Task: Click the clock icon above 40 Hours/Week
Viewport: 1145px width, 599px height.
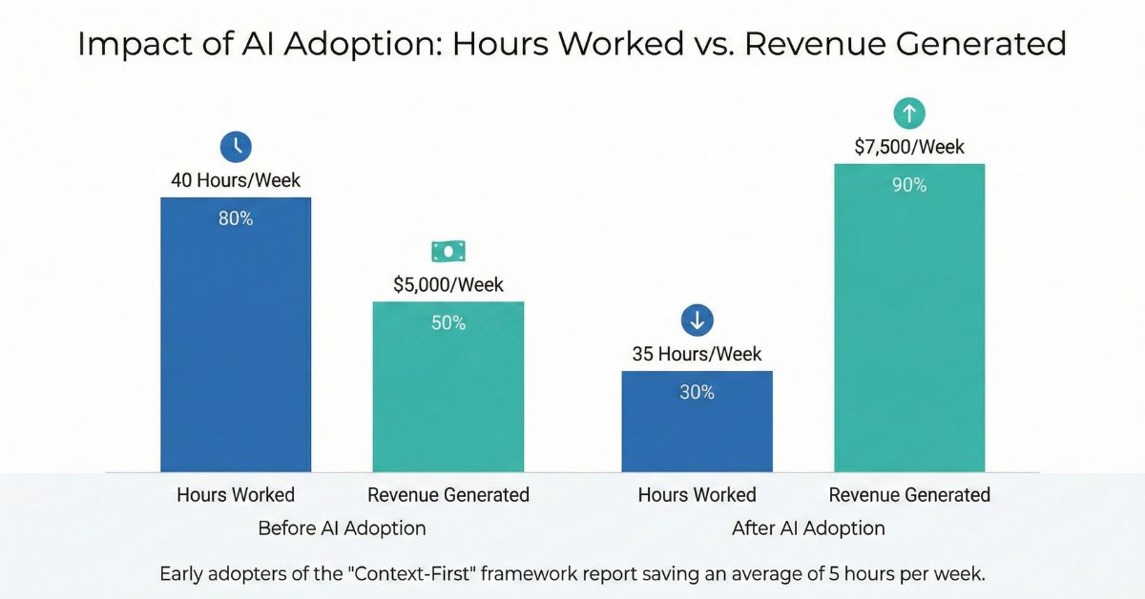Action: (x=236, y=146)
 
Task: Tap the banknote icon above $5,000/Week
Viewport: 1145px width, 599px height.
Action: (x=448, y=251)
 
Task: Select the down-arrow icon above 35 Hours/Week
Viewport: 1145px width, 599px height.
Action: (x=697, y=320)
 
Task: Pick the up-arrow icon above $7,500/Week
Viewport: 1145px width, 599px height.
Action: (x=909, y=114)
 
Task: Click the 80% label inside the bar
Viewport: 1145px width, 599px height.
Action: (x=236, y=218)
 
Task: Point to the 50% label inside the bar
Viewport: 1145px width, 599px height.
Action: (x=448, y=323)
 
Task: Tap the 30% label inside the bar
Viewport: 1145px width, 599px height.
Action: (x=697, y=392)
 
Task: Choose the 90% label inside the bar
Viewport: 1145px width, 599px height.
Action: (x=909, y=185)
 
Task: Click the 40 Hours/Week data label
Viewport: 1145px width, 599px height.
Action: (x=236, y=179)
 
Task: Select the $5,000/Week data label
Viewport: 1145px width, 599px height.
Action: (x=448, y=284)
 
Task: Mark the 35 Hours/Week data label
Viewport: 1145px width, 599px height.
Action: (x=697, y=354)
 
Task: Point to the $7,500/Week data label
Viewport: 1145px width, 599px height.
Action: (x=909, y=147)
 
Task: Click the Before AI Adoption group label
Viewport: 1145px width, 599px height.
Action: (x=342, y=527)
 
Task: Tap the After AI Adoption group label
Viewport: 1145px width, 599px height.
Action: (x=808, y=527)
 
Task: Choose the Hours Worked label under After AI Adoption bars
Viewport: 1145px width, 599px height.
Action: (x=697, y=494)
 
